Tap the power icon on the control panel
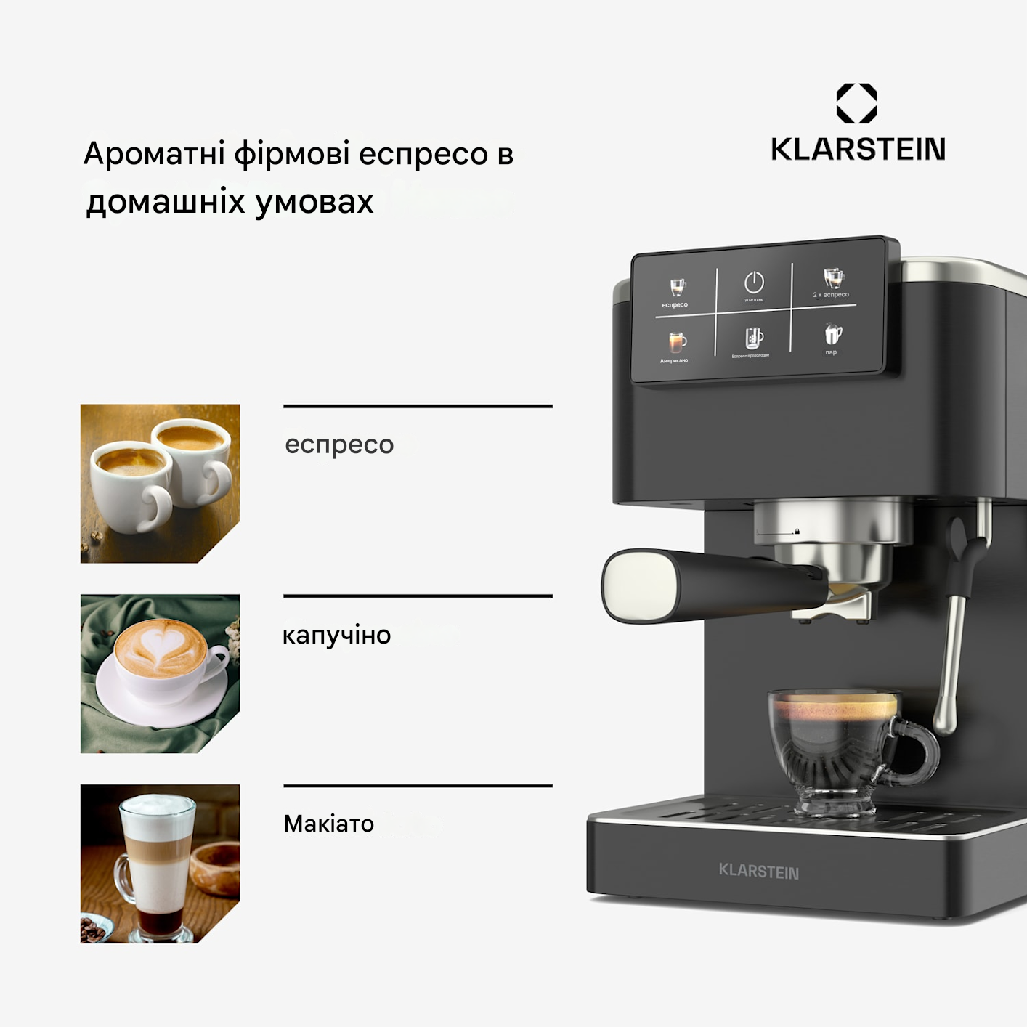754,283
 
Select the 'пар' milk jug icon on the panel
832,335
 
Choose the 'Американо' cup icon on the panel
676,342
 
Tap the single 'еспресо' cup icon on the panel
677,288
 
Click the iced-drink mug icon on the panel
754,338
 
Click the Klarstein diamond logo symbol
856,103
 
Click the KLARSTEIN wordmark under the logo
858,150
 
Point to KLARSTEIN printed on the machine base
758,871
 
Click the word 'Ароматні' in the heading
154,154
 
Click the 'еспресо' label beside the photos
339,445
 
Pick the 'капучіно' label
336,636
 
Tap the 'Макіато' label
328,824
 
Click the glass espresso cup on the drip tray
835,748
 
